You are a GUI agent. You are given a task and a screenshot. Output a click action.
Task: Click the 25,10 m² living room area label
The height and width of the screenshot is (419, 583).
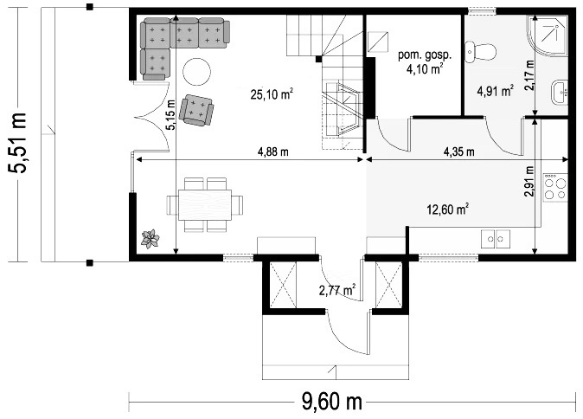click(x=272, y=94)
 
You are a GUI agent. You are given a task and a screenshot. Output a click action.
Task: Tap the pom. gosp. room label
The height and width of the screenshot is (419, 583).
click(x=425, y=55)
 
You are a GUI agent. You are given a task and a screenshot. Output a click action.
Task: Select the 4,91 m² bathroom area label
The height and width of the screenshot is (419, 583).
click(x=496, y=90)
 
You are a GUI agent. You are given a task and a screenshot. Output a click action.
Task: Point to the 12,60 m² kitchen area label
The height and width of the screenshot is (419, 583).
click(x=447, y=209)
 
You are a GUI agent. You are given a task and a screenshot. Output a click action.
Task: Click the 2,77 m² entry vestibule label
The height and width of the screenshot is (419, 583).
click(x=337, y=289)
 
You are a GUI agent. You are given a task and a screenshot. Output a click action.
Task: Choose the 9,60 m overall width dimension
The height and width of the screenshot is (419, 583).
click(x=331, y=402)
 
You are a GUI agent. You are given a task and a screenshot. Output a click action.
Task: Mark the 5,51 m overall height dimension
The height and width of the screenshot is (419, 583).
click(x=17, y=143)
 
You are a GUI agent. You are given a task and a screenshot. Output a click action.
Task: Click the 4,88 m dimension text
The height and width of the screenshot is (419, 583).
click(x=273, y=151)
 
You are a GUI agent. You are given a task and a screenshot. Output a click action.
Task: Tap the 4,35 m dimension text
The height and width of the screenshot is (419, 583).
click(x=459, y=151)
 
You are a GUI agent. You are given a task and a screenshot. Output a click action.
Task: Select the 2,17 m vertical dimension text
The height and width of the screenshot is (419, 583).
click(x=529, y=75)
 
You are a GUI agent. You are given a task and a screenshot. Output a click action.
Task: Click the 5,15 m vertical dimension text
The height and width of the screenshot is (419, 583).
click(x=170, y=115)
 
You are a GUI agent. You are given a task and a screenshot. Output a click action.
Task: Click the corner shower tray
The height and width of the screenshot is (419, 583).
click(x=548, y=36)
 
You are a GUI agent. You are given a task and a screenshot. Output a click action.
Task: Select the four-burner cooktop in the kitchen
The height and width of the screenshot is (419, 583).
click(x=555, y=188)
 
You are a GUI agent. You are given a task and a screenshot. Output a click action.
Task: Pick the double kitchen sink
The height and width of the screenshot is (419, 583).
click(x=496, y=239)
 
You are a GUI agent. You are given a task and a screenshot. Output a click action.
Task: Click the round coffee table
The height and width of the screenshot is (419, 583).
click(x=196, y=72)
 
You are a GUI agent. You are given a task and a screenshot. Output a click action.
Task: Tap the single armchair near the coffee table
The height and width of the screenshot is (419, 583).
click(x=196, y=110)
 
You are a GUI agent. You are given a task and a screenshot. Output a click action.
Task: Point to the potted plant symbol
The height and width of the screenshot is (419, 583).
click(x=151, y=239)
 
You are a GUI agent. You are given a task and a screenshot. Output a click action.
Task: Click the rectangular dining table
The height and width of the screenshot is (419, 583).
click(x=205, y=205)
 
